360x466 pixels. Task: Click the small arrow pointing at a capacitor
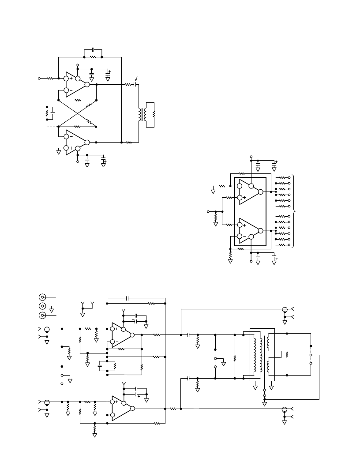tap(136, 79)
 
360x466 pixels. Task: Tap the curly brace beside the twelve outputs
tap(294, 211)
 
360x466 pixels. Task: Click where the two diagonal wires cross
tap(78, 113)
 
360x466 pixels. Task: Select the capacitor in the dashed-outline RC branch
tap(53, 113)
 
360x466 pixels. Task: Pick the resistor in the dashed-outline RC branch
tap(47, 113)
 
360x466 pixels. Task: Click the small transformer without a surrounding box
tap(142, 115)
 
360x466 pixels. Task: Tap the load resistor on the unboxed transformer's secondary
tap(154, 114)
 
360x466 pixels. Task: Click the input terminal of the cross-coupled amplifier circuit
tap(39, 79)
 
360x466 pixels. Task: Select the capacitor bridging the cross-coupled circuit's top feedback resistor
tap(93, 49)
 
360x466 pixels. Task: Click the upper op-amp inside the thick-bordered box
tap(250, 192)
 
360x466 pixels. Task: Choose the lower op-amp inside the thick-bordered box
tap(250, 231)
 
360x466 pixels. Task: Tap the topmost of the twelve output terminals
tap(289, 178)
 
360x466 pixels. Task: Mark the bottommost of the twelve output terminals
tap(289, 245)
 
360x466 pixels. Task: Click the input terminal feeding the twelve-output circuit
tap(208, 212)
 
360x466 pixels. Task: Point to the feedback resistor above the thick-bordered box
tap(241, 173)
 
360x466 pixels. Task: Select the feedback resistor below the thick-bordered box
tap(241, 249)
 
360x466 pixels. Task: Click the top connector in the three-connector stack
tap(42, 297)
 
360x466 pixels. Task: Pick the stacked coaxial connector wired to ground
tap(42, 306)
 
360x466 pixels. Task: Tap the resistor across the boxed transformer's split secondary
tap(287, 354)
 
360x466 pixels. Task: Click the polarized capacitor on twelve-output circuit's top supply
tap(274, 163)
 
